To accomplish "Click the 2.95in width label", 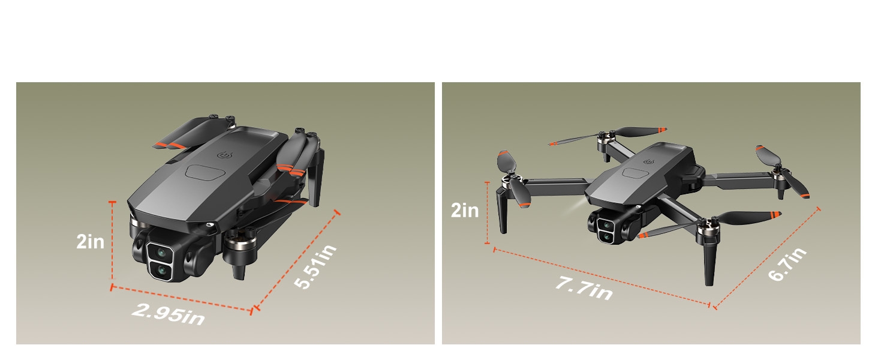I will pyautogui.click(x=168, y=313).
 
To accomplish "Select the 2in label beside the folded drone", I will pyautogui.click(x=91, y=242).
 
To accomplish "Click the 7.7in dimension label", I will pyautogui.click(x=583, y=288).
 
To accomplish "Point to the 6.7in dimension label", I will pyautogui.click(x=787, y=264).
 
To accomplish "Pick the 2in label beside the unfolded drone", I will pyautogui.click(x=465, y=211).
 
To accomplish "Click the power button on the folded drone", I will pyautogui.click(x=226, y=155).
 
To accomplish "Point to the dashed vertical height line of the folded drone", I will pyautogui.click(x=112, y=246).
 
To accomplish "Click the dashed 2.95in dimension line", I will pyautogui.click(x=180, y=298).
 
